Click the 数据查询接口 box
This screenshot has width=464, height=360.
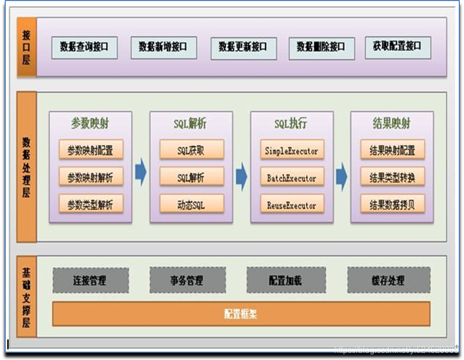pos(84,48)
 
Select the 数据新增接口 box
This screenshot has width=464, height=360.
pos(163,48)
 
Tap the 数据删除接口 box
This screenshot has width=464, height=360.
pos(322,48)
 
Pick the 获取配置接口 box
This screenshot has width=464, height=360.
pos(397,47)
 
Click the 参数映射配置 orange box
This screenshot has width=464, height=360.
pos(91,150)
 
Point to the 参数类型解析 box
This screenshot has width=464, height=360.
pos(91,203)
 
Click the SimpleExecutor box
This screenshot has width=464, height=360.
pos(292,150)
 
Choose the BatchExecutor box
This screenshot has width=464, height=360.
pos(292,178)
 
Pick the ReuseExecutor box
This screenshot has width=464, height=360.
pos(292,204)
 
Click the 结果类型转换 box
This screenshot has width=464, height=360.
pos(392,177)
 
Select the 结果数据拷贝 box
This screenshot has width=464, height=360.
pos(392,203)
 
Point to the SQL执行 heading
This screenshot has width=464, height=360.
pos(291,124)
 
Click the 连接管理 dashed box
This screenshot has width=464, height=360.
pos(90,280)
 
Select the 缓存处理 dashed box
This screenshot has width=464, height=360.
pos(389,280)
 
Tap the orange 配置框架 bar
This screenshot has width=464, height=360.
pos(241,314)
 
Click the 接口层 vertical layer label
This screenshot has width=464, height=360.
pos(26,47)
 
